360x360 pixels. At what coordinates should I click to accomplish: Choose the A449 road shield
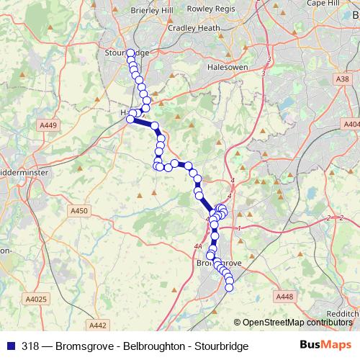click(49, 126)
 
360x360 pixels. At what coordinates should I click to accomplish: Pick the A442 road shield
click(96, 325)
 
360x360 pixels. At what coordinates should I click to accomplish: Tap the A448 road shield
click(284, 296)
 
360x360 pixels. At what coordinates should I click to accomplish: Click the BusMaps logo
click(323, 346)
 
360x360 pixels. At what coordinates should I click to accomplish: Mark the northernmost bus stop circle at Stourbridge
click(130, 53)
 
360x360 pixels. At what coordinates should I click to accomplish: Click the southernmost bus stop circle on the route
click(230, 288)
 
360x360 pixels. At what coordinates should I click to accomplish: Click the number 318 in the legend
click(31, 346)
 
